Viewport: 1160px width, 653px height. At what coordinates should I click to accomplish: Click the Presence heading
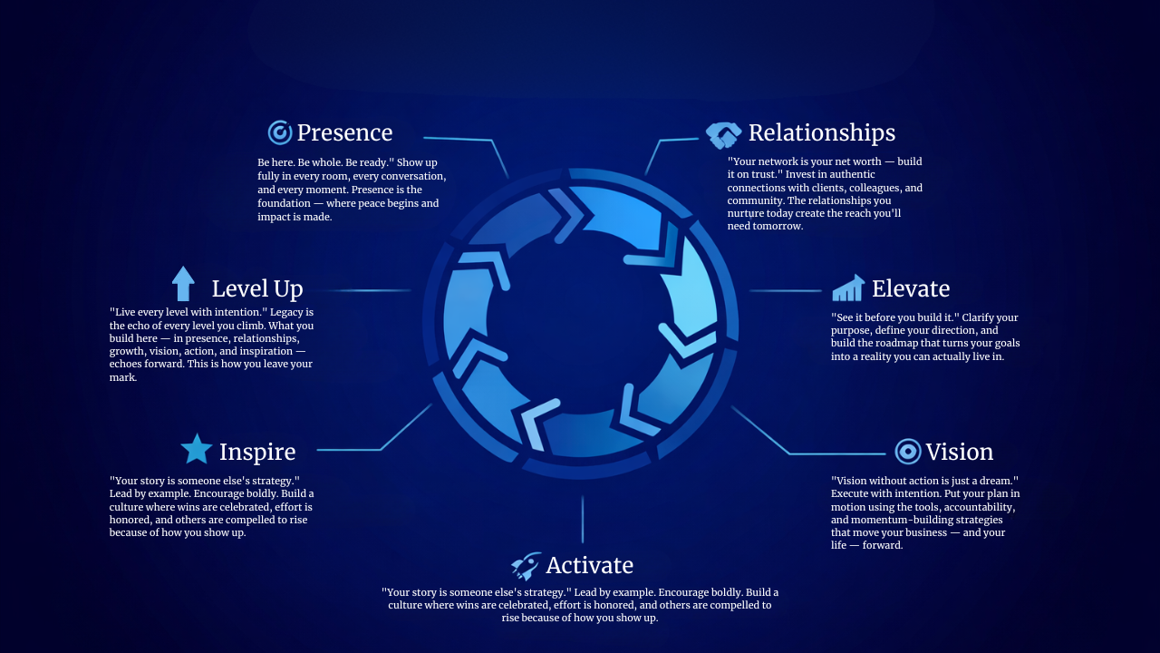coord(344,133)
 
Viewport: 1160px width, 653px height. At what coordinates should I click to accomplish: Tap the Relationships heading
coord(821,133)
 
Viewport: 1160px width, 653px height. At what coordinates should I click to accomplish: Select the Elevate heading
coord(910,289)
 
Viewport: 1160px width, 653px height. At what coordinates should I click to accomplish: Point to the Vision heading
coord(959,453)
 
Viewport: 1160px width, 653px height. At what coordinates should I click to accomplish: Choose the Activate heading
coord(589,566)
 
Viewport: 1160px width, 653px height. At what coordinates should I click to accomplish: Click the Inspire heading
coord(257,452)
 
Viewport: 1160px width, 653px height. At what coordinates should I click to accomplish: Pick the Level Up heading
coord(257,289)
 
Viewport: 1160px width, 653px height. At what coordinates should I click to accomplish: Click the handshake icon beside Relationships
coord(723,134)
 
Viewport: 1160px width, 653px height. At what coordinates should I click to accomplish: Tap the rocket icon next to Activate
coord(526,566)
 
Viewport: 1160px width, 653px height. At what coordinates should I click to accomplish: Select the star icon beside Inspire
coord(196,449)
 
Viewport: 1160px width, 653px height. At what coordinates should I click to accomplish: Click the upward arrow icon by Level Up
coord(183,284)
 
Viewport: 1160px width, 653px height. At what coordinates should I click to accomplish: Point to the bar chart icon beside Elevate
coord(848,288)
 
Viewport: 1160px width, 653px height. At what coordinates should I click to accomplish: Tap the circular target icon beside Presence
coord(280,132)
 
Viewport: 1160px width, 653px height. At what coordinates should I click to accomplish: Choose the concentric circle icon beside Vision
coord(907,452)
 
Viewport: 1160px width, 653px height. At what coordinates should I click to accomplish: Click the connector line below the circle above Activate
coord(582,520)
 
